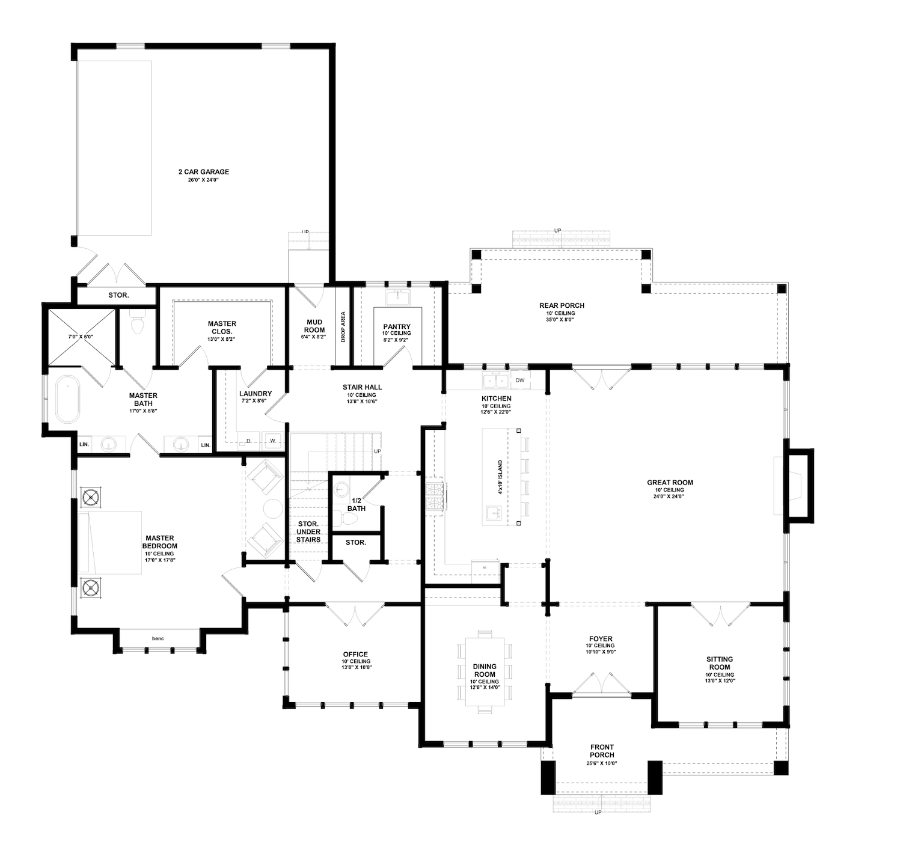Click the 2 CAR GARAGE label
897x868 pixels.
point(203,172)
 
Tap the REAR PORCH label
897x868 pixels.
point(562,305)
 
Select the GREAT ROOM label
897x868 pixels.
point(670,482)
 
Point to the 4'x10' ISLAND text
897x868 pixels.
point(500,477)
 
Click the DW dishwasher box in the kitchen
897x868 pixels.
point(519,381)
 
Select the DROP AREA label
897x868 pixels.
point(343,327)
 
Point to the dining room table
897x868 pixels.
point(485,671)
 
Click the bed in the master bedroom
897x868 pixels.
point(110,542)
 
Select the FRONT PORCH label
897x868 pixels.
point(602,751)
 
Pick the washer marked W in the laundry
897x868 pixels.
point(272,441)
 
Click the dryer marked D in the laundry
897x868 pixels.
point(248,441)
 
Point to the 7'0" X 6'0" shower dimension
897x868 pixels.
point(81,337)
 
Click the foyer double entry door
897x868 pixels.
point(601,683)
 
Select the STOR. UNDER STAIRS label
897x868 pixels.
point(308,531)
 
